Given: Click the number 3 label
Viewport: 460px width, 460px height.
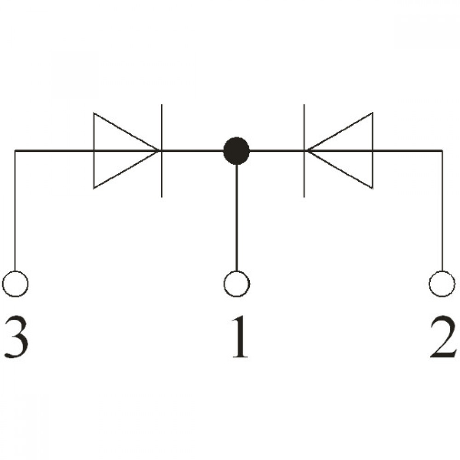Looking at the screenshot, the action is coord(17,337).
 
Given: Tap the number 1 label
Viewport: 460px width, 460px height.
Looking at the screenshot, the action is coord(240,337).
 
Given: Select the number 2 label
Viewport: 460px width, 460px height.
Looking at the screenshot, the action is coord(443,337).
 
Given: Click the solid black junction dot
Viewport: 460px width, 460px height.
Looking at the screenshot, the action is coord(236,150).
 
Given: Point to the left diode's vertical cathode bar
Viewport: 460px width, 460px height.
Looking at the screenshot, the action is coord(161,150).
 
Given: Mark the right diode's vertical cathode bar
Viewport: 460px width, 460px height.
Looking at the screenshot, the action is coord(304,150).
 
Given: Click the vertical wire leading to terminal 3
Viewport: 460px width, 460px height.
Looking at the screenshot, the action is coord(15,210).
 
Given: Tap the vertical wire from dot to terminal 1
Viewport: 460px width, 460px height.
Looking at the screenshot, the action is coord(237,218).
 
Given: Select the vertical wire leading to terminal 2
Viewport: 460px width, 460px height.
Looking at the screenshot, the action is coord(442,210).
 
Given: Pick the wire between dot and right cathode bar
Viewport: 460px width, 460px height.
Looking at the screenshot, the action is coord(276,151).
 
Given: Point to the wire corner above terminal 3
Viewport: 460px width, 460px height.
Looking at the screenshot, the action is coord(15,151).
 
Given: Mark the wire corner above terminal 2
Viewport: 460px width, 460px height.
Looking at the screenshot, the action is coord(442,151).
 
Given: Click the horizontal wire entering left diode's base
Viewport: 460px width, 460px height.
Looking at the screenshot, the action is coord(54,151).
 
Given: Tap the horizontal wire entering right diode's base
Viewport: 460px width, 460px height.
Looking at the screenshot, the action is coord(408,151).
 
